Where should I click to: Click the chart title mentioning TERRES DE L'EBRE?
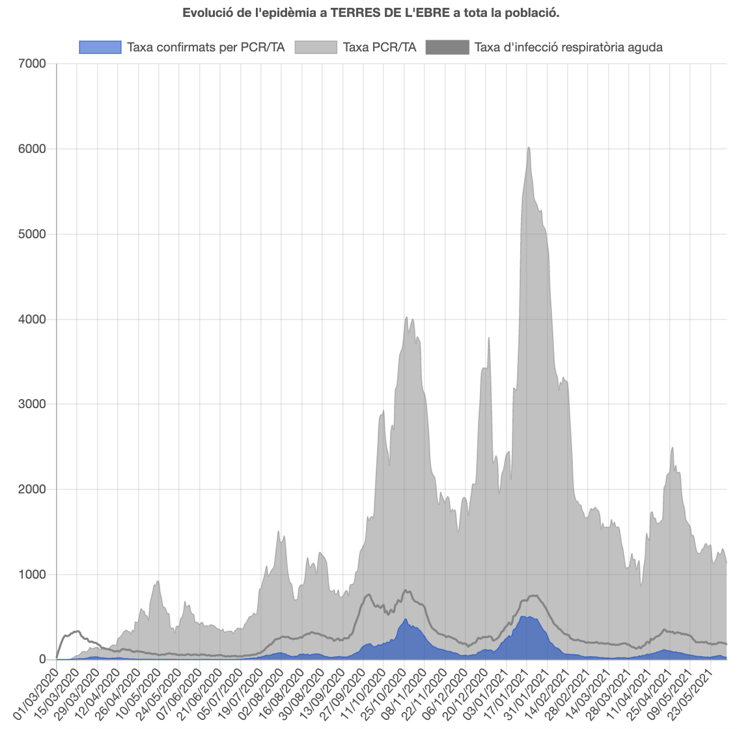(371, 13)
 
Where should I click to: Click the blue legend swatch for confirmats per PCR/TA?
(100, 47)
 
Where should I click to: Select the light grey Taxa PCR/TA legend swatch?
(316, 47)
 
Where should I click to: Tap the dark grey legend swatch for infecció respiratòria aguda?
(447, 47)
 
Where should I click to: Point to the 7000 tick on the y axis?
(33, 64)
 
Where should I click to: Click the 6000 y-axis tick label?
(33, 149)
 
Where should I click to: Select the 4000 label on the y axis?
(33, 319)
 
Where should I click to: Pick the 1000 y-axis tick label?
(33, 574)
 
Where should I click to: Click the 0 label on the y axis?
(42, 659)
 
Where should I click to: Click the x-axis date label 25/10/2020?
(383, 687)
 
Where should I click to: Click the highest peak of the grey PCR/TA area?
(529, 148)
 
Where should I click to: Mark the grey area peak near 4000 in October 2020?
(407, 318)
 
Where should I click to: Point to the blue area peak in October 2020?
(406, 619)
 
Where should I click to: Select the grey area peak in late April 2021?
(672, 448)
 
